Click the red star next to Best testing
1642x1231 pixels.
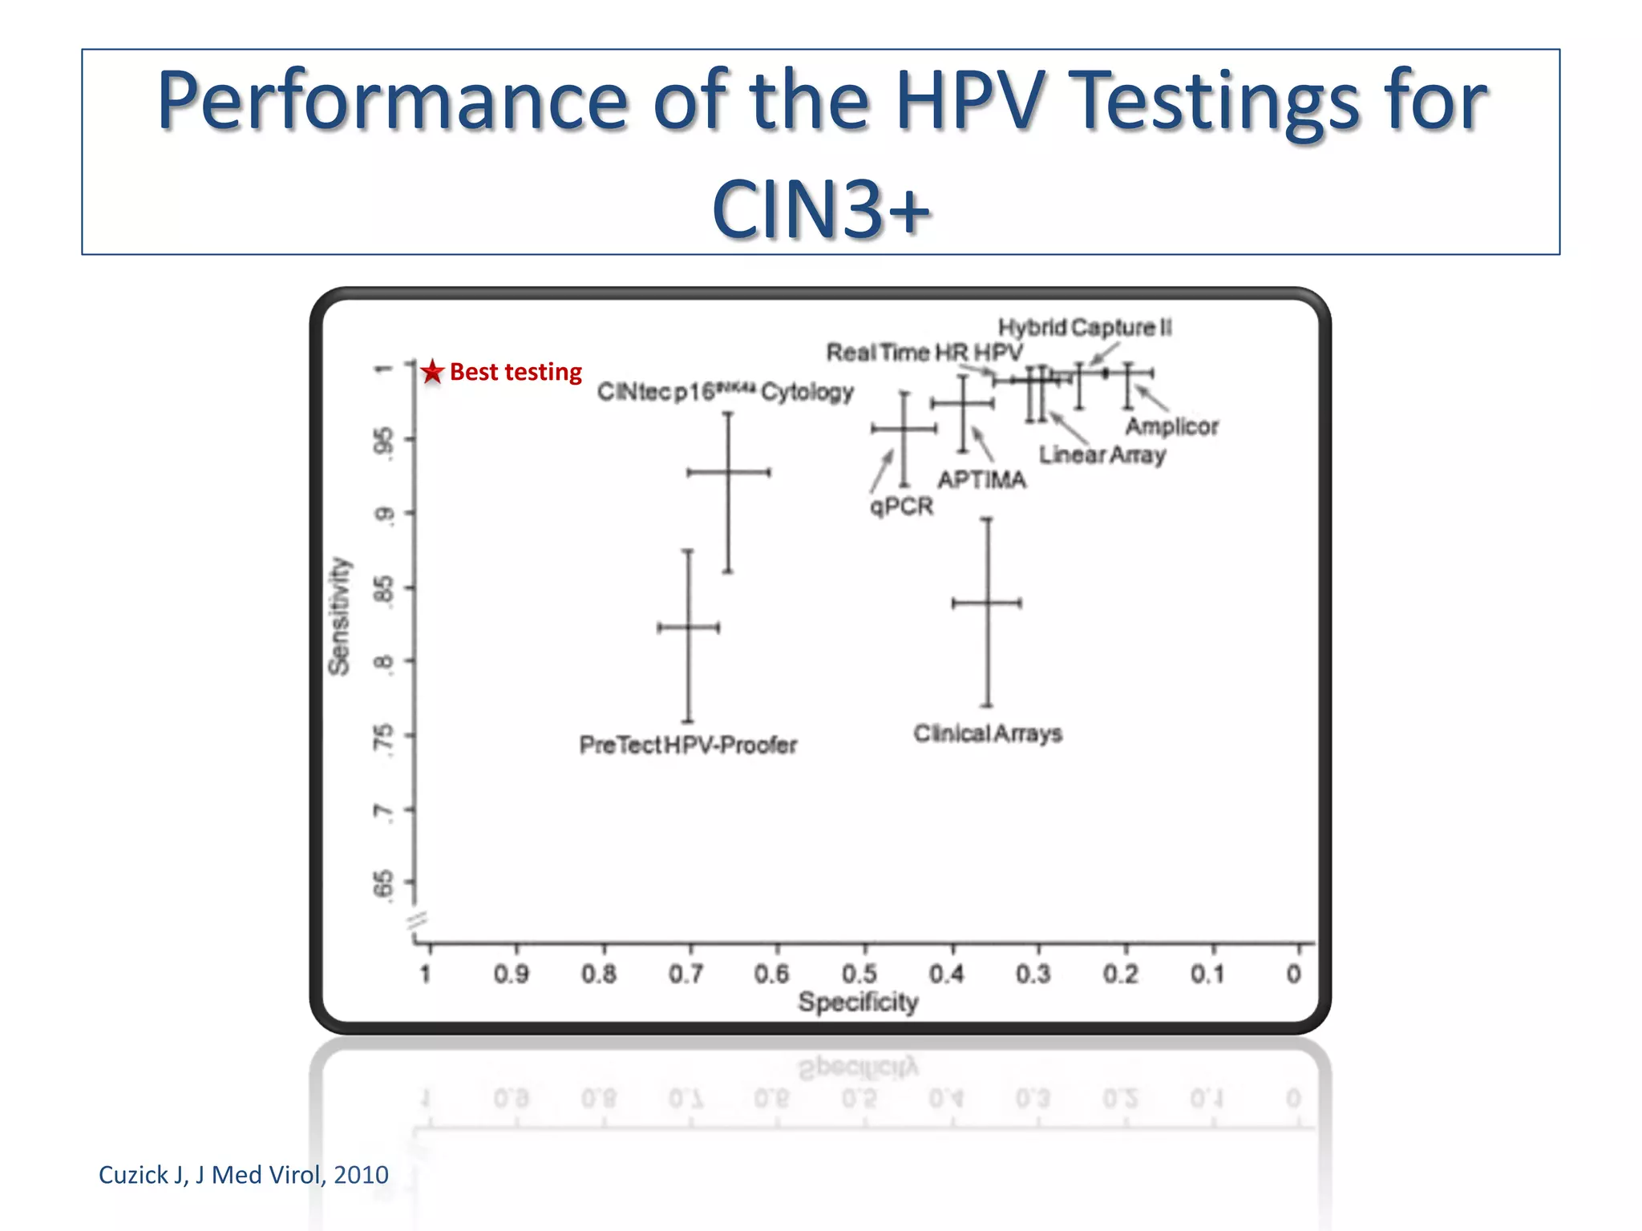[x=432, y=371]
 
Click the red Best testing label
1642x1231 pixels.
[x=516, y=372]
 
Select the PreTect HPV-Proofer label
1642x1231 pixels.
[x=688, y=745]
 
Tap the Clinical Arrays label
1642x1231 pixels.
[x=988, y=733]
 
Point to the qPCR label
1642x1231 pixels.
[x=902, y=507]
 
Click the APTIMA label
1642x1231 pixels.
[x=981, y=479]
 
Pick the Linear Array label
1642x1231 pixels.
[x=1102, y=454]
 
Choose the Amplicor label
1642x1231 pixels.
[x=1171, y=426]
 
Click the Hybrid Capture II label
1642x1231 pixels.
[x=1084, y=327]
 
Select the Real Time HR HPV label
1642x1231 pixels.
[x=924, y=352]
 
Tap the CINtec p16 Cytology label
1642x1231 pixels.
[x=725, y=391]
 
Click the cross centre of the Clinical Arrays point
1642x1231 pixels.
[x=988, y=603]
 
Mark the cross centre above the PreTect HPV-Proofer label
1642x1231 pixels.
[x=688, y=627]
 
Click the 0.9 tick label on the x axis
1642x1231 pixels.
[x=512, y=974]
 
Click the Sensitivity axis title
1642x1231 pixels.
[x=340, y=615]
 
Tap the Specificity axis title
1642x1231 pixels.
[x=858, y=1002]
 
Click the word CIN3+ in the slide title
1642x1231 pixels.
[x=820, y=208]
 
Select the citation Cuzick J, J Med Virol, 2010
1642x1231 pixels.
[x=243, y=1174]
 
